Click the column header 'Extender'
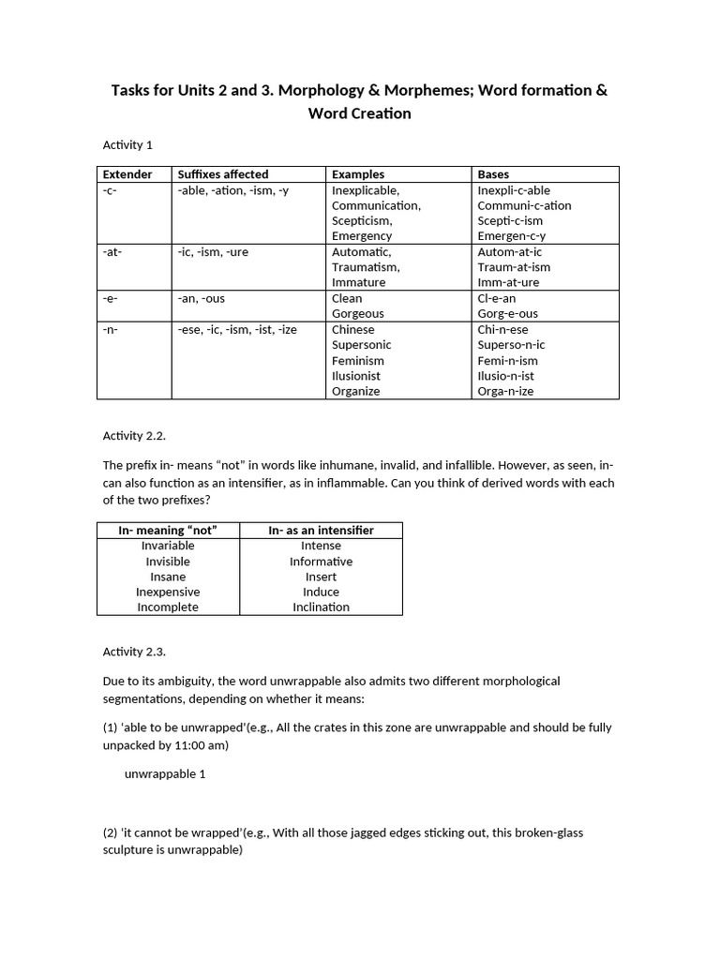tap(127, 174)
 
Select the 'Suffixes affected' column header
tap(223, 174)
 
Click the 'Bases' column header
tap(493, 174)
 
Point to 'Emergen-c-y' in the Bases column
tap(511, 236)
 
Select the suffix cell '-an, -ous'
tap(202, 298)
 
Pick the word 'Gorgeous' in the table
tap(357, 314)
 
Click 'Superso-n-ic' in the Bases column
tap(511, 345)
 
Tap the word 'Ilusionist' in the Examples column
tap(356, 376)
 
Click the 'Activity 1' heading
tap(127, 144)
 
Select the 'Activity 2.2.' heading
tap(133, 436)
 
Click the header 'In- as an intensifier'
tap(321, 531)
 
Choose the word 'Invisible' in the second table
tap(168, 562)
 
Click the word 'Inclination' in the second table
tap(321, 607)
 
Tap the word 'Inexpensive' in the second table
tap(168, 592)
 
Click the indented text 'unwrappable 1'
tap(164, 774)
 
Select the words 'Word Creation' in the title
tap(360, 113)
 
